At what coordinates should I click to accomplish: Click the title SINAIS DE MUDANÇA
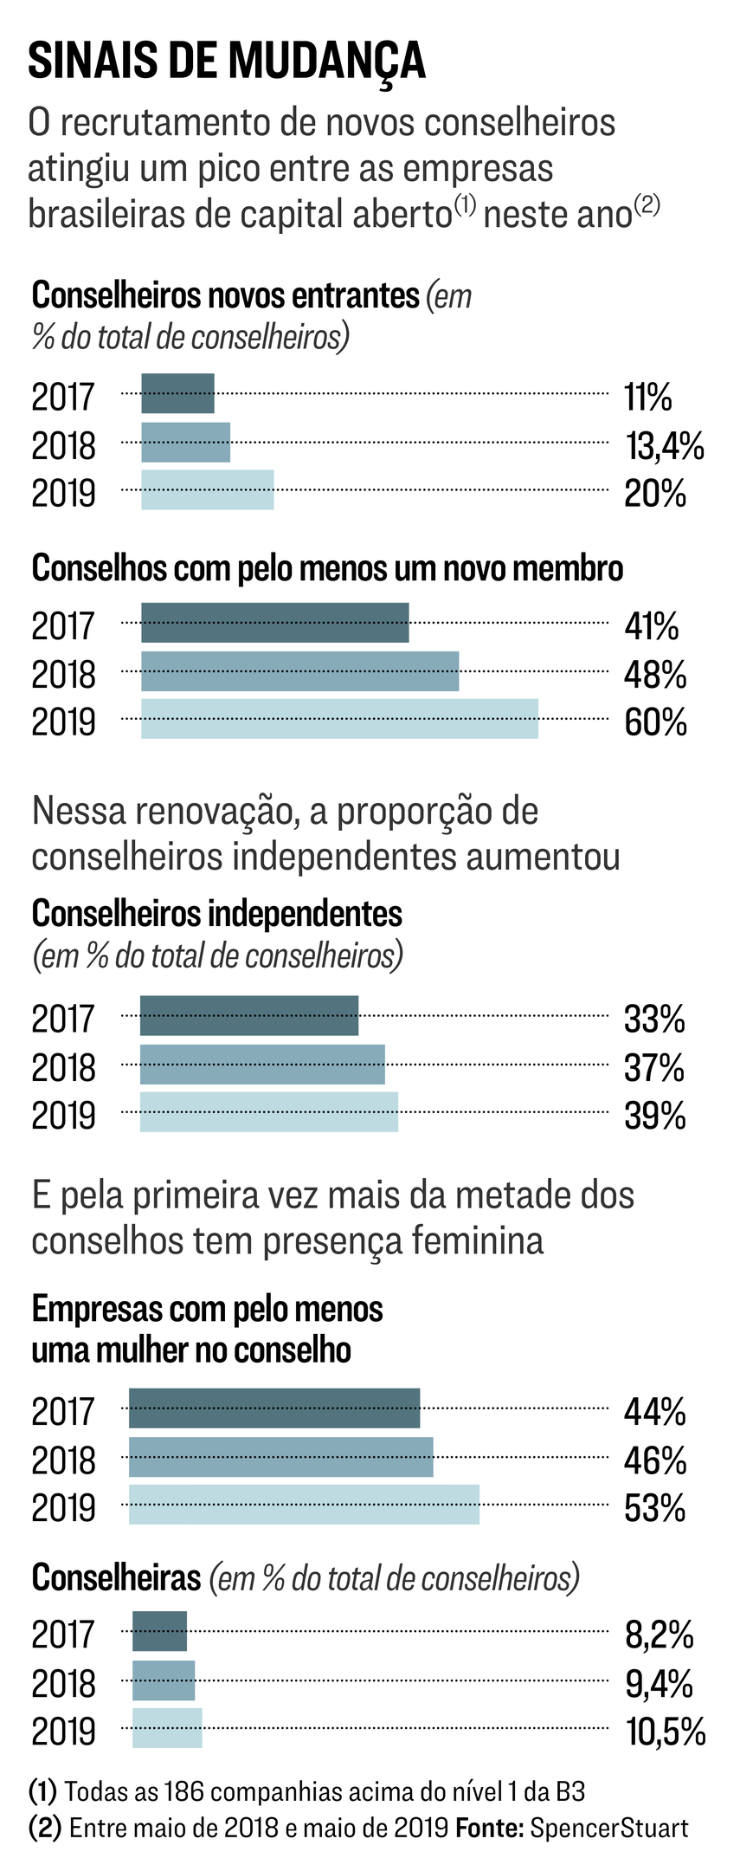tap(227, 61)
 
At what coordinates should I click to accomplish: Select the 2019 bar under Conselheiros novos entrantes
tap(208, 490)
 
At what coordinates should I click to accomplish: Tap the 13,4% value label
tap(664, 446)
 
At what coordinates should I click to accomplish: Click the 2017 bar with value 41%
tap(275, 623)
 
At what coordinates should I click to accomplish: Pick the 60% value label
tap(655, 722)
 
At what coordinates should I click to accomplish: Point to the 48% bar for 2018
tap(299, 671)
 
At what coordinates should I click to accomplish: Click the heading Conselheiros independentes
tap(216, 913)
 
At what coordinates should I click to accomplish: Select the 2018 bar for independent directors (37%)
tap(262, 1065)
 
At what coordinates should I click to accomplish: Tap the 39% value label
tap(654, 1116)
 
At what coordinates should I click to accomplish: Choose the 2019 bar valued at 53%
tap(304, 1505)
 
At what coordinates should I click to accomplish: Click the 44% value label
tap(654, 1412)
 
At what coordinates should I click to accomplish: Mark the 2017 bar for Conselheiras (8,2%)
tap(159, 1632)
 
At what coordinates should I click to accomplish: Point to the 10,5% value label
tap(666, 1732)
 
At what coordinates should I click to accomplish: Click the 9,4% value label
tap(659, 1684)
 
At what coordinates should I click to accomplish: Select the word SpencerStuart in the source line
tap(609, 1828)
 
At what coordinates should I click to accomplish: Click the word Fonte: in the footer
tap(489, 1828)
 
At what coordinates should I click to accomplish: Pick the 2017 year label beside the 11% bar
tap(63, 397)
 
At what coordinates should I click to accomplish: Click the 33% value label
tap(654, 1019)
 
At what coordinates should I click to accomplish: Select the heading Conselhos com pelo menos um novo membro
tap(327, 568)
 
